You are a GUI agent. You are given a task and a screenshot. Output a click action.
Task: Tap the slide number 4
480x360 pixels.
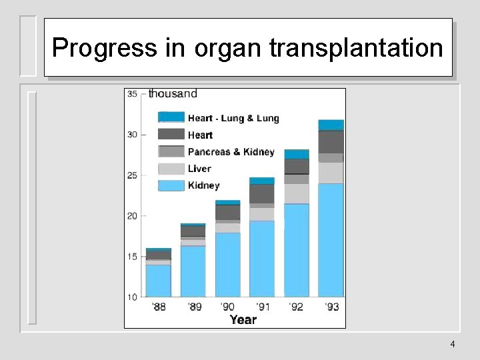(453, 344)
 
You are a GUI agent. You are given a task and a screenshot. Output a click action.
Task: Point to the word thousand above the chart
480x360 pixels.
(173, 94)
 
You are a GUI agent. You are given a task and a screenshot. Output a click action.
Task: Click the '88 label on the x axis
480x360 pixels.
(159, 307)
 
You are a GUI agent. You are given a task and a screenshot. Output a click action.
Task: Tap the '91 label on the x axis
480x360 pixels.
(262, 307)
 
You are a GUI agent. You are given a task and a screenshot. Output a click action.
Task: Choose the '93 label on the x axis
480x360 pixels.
(331, 307)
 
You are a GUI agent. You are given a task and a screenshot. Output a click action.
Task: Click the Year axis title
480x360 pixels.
(243, 320)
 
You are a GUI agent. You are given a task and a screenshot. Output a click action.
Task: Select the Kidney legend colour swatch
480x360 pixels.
(171, 186)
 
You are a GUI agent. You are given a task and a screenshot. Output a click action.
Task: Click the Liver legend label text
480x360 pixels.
(199, 169)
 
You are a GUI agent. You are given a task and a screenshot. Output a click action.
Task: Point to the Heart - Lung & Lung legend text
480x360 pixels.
(233, 119)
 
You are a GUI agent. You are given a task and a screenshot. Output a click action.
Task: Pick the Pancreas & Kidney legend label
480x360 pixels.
(231, 152)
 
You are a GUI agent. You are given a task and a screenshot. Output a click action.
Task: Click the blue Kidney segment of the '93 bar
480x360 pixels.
(331, 240)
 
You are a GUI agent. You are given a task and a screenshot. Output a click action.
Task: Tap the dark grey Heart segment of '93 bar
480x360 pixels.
(331, 141)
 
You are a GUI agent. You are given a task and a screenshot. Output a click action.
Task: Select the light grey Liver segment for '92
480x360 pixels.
(297, 193)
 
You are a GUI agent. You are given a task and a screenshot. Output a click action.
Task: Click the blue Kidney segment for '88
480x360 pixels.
(159, 281)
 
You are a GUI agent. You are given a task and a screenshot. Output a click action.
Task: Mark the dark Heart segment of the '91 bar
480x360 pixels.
(262, 194)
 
